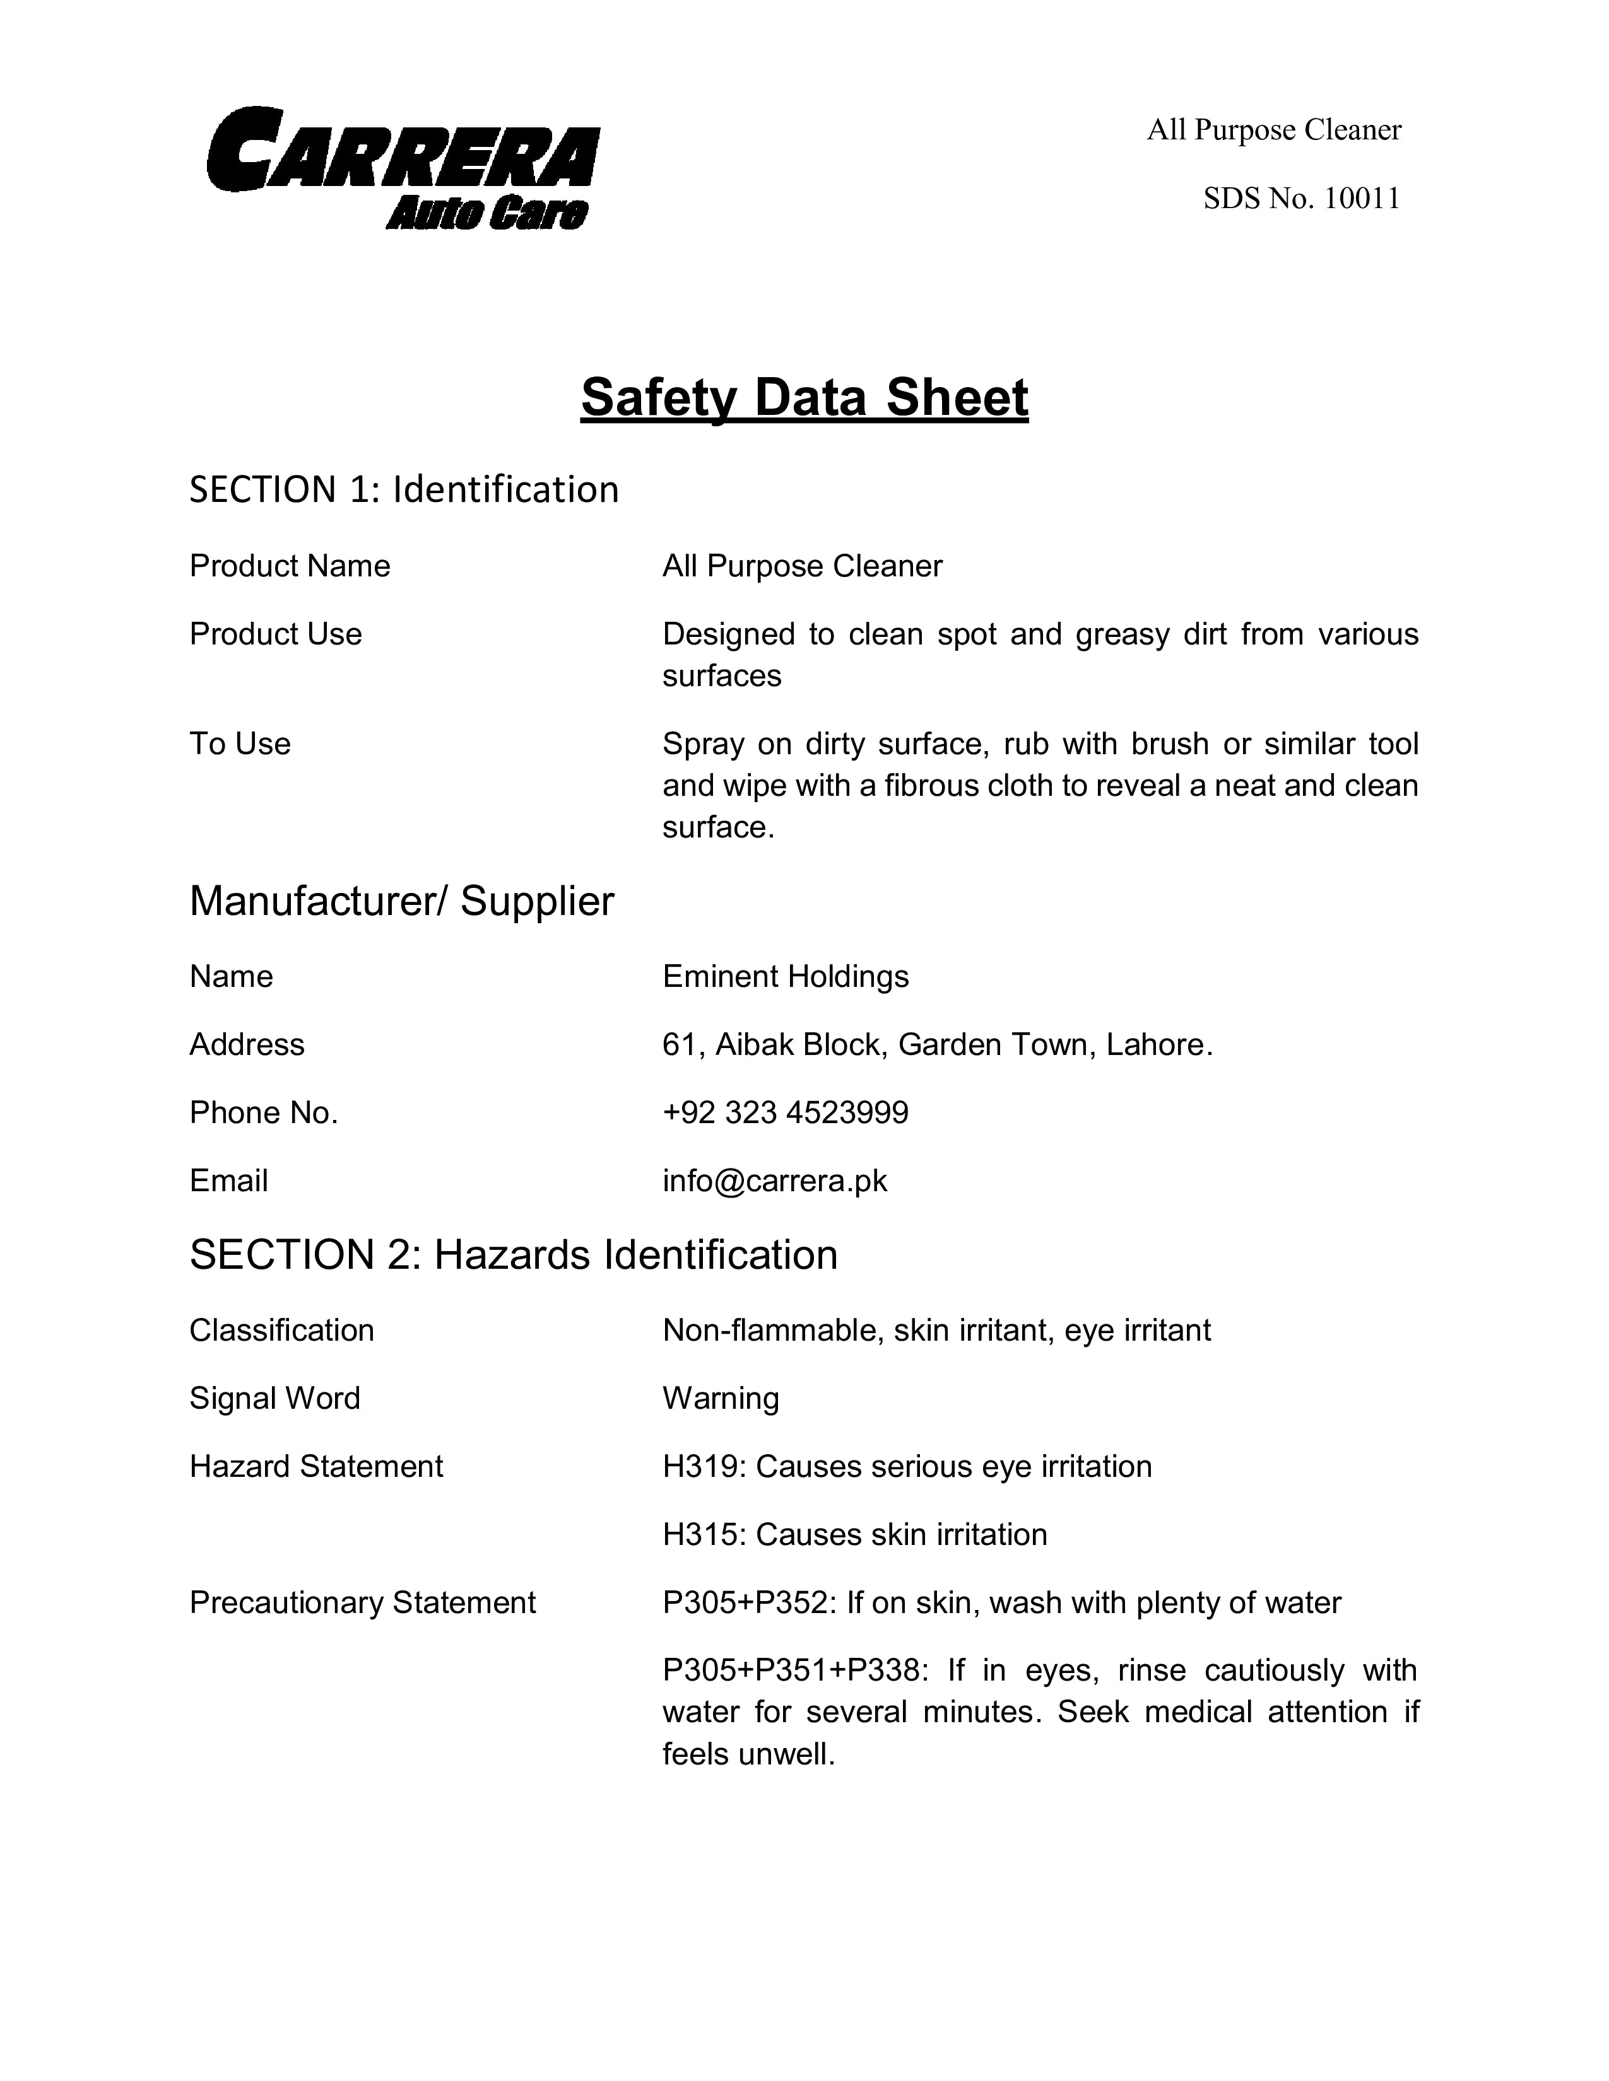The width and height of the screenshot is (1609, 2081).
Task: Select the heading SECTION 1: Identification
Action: coord(404,490)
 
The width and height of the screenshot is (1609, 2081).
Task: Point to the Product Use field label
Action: coord(276,634)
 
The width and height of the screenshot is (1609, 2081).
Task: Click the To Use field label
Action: coord(240,744)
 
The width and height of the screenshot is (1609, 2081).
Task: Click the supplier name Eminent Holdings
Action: coord(786,977)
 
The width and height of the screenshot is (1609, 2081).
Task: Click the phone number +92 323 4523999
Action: coord(786,1113)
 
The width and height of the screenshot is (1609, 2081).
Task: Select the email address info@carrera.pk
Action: coord(775,1182)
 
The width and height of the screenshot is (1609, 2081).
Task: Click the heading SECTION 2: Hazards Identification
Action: coord(514,1255)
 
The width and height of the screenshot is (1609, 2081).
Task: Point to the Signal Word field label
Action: coord(274,1399)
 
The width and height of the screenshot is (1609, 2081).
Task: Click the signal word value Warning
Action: coord(721,1399)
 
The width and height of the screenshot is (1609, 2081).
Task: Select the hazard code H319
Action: coord(704,1466)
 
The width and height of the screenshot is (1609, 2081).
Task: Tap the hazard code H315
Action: coord(704,1535)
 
